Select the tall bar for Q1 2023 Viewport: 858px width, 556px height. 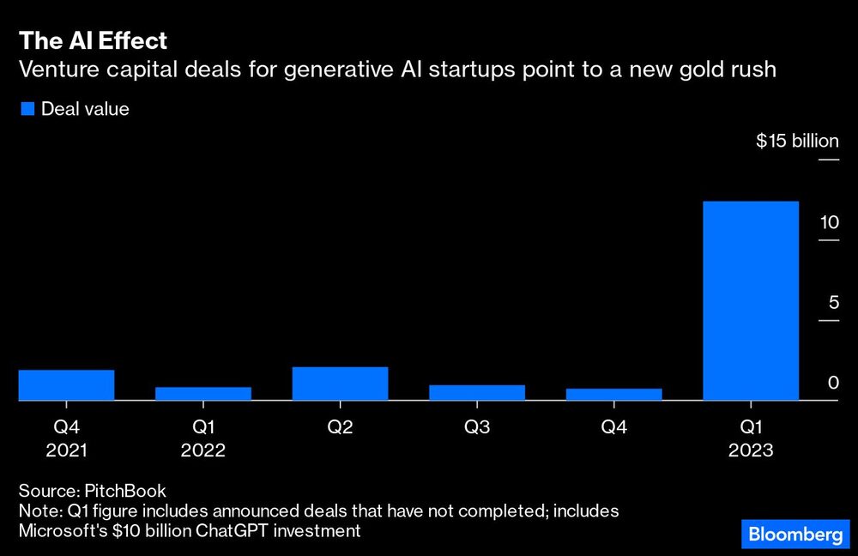[x=751, y=300]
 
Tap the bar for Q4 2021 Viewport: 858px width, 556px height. [x=66, y=385]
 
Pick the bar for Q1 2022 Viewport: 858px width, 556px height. [x=203, y=393]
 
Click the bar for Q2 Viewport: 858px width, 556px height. [x=340, y=384]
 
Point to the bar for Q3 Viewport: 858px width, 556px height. [x=477, y=392]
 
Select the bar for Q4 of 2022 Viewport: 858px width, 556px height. [x=613, y=394]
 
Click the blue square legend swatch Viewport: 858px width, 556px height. [x=27, y=109]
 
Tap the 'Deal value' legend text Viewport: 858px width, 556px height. [x=85, y=109]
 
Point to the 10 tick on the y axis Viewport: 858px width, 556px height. [x=828, y=222]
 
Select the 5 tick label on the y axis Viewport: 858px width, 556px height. [x=832, y=303]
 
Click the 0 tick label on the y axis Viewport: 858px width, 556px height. [x=832, y=383]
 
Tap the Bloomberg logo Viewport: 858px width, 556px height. [x=795, y=535]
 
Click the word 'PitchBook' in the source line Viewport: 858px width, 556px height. [x=125, y=491]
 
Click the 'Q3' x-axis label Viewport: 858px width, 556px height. [x=477, y=426]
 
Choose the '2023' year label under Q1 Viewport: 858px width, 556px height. [x=751, y=450]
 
